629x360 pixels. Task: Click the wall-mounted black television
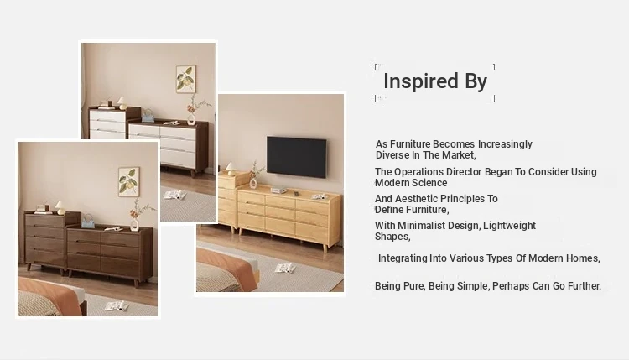tap(296, 157)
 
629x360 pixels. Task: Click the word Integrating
tap(403, 258)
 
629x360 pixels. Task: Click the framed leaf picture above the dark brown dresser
tap(129, 182)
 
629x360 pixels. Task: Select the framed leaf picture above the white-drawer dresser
tap(186, 79)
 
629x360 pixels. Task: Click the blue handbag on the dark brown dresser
tap(88, 222)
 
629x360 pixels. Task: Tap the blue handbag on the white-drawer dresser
tap(148, 116)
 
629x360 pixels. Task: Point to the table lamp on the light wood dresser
tap(231, 169)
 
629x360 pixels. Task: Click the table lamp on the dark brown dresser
tap(60, 208)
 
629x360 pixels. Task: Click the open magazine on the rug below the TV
tap(285, 268)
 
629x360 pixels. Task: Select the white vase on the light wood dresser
tap(253, 184)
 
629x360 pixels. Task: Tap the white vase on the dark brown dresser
tap(135, 225)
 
